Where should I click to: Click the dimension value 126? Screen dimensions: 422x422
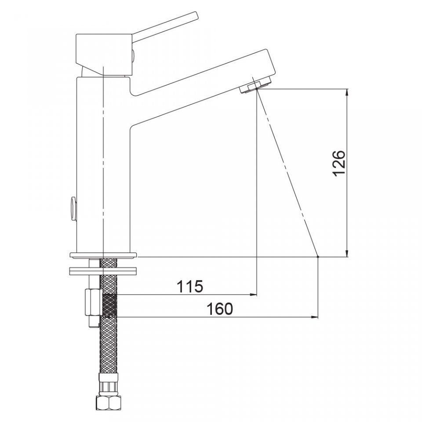click(339, 164)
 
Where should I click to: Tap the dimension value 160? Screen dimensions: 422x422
click(220, 309)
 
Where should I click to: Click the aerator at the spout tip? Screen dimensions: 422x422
click(256, 84)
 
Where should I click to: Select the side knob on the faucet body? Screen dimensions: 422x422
click(73, 208)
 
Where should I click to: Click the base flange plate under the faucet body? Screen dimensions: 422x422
click(103, 255)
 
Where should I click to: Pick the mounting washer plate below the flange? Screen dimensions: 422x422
click(103, 271)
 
